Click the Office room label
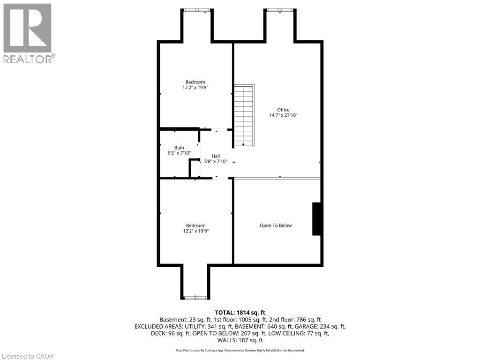283,110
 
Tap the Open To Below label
276,225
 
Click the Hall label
216,156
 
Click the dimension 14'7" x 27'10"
283,115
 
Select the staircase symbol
243,115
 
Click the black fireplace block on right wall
316,218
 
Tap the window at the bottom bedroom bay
195,298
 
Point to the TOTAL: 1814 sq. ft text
240,313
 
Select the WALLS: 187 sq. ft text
240,340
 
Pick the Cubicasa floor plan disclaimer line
240,350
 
